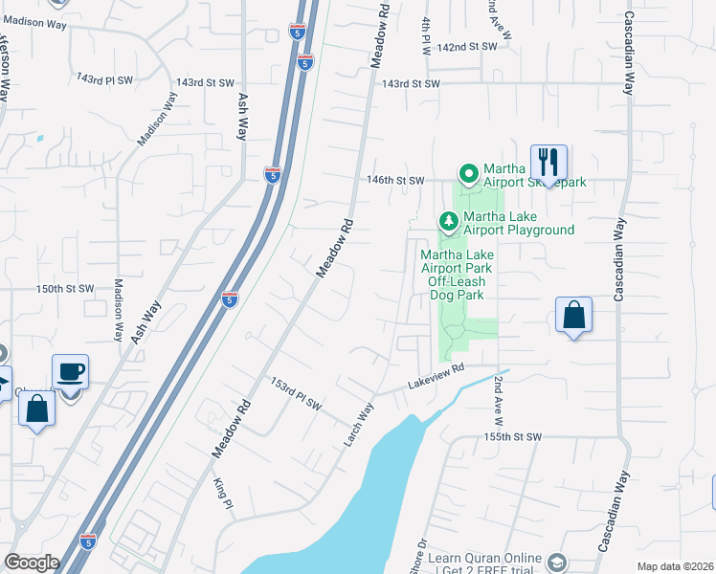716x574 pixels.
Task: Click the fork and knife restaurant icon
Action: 548,161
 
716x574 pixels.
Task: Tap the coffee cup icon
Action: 71,371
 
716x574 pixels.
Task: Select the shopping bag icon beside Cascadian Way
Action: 573,315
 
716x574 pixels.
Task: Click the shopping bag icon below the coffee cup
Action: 36,408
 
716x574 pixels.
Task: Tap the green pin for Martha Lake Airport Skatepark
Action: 468,173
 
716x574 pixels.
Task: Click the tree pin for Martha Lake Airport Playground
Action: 448,222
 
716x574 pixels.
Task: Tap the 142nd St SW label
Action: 468,46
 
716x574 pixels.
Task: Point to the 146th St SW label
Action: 394,179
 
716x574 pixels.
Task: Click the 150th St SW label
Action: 65,288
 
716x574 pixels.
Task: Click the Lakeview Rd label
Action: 436,369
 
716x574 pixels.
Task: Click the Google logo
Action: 33,563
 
